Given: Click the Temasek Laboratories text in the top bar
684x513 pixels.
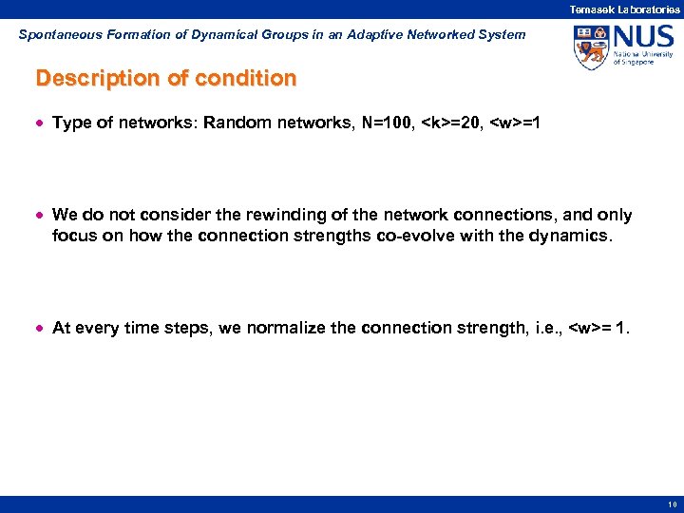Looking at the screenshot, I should tap(624, 9).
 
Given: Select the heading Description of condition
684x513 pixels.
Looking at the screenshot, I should tap(166, 79).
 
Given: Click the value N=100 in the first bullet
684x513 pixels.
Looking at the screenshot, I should tap(387, 123).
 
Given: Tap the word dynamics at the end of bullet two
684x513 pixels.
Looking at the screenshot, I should tap(576, 235).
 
